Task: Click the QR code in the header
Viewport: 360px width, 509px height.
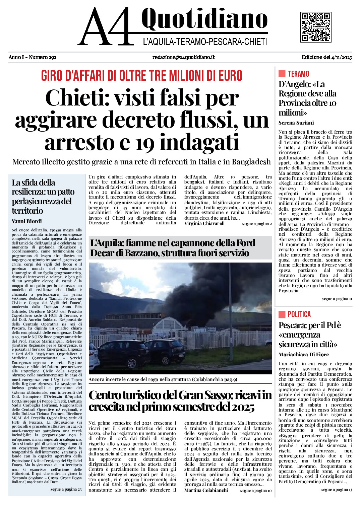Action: [x=316, y=27]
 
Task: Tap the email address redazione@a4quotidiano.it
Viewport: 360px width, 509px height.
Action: [x=183, y=57]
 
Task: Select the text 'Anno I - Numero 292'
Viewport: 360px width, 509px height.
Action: [x=33, y=57]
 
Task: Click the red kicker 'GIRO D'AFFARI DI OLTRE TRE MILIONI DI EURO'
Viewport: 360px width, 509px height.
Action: [x=141, y=76]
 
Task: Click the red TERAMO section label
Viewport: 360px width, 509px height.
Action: [x=298, y=74]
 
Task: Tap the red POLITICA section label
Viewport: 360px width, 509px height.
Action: [x=299, y=314]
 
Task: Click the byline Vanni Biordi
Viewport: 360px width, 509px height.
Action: [x=27, y=221]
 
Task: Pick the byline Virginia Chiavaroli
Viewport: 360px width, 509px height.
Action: [x=204, y=223]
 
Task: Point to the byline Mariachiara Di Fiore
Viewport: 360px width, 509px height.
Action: [x=303, y=354]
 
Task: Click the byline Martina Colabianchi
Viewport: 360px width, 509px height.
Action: [x=206, y=490]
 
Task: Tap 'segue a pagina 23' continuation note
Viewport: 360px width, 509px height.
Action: [x=66, y=489]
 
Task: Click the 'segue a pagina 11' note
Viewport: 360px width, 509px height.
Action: [x=337, y=299]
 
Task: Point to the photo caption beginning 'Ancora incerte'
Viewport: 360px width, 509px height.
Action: [x=163, y=379]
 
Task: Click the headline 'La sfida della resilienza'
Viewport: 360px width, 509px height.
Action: [x=43, y=197]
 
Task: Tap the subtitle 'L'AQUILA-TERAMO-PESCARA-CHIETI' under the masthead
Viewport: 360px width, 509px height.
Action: [x=205, y=42]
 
